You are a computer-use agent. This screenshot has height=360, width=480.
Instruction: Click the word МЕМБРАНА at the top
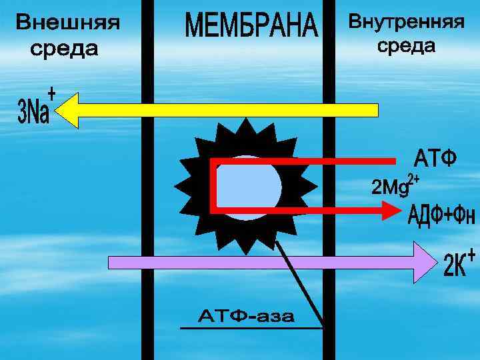(x=251, y=26)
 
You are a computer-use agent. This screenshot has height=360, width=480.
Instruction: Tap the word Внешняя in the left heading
(x=68, y=24)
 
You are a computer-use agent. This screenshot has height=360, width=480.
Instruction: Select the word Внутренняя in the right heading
(x=407, y=21)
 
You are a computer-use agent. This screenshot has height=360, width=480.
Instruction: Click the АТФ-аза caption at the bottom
(x=247, y=316)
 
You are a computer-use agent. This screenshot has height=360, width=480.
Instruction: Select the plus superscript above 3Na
(x=51, y=91)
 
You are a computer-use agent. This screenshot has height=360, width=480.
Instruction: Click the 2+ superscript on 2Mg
(x=413, y=179)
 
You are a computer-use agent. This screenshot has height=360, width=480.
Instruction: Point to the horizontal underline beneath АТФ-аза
(x=251, y=328)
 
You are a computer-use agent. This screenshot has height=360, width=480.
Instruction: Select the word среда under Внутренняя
(x=406, y=46)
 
